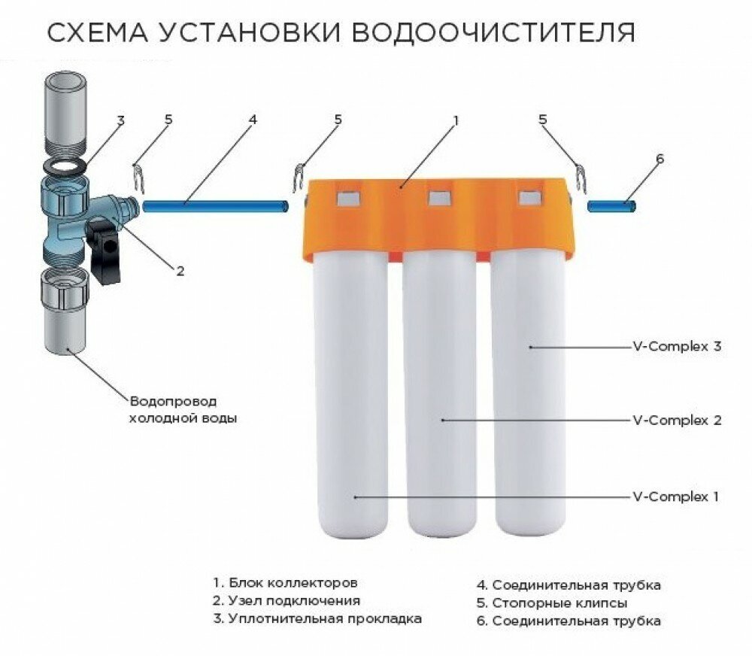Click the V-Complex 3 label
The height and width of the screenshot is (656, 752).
coord(677,347)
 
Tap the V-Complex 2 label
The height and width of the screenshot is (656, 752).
coord(677,420)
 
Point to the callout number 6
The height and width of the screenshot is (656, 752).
coord(660,159)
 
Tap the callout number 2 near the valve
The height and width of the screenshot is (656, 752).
coord(179,270)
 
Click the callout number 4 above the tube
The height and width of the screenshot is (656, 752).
coord(253,119)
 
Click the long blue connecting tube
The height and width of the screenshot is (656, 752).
coord(214,205)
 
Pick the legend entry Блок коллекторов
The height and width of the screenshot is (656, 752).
coord(285,583)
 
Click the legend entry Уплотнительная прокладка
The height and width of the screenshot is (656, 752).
coord(317,619)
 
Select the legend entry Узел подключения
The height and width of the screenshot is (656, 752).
coord(287,601)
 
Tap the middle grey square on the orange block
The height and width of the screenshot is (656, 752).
coord(440,198)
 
